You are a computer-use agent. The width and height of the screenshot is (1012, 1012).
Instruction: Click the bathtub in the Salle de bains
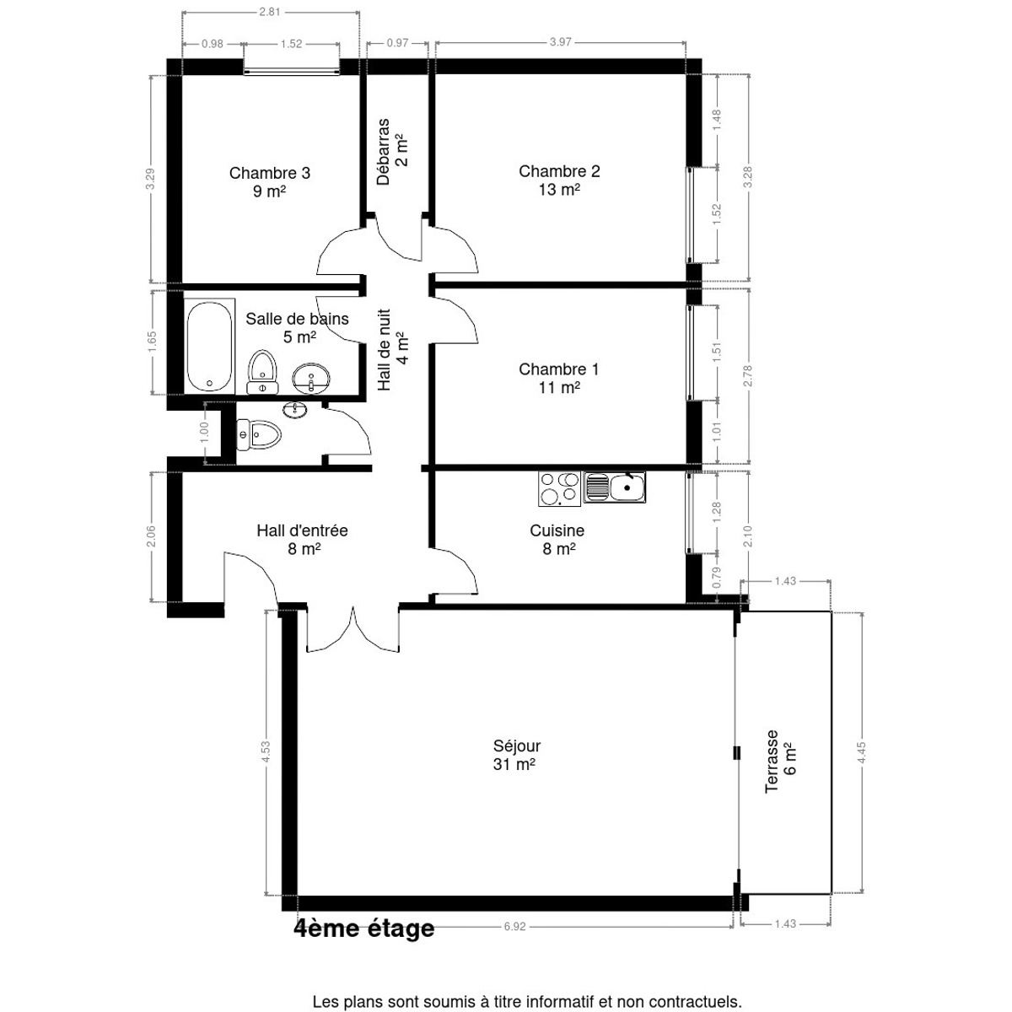pyautogui.click(x=209, y=346)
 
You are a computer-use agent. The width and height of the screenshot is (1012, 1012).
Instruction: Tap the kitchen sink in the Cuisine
pyautogui.click(x=614, y=487)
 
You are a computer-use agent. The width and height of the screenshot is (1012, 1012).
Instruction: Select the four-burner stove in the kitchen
pyautogui.click(x=559, y=488)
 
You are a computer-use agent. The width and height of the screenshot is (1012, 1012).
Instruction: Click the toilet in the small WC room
pyautogui.click(x=258, y=435)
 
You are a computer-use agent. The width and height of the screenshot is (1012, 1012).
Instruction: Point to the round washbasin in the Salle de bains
pyautogui.click(x=311, y=378)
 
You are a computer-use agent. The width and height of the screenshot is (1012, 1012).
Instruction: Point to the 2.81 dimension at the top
pyautogui.click(x=269, y=12)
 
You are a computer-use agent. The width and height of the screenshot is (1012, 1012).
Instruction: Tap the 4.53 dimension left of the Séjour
pyautogui.click(x=266, y=751)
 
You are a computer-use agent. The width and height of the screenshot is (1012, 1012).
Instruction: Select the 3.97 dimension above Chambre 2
pyautogui.click(x=560, y=42)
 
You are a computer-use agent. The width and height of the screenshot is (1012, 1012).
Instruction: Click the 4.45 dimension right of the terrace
pyautogui.click(x=862, y=752)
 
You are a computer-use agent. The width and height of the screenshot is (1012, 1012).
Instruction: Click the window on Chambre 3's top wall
pyautogui.click(x=292, y=67)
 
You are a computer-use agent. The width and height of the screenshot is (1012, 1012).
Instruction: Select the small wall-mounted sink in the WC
pyautogui.click(x=295, y=408)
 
